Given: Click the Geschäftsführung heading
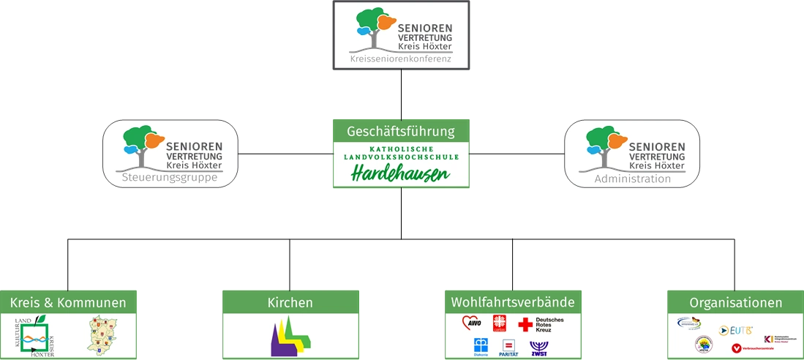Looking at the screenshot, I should (400, 132).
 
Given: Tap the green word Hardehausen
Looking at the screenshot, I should (400, 174).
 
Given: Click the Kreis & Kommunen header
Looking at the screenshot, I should (68, 302).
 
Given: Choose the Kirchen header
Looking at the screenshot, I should (290, 302).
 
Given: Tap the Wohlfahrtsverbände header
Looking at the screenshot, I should (512, 302).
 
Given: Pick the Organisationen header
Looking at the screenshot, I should (735, 302).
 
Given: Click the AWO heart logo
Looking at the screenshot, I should (472, 323).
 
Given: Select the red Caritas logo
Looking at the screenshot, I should (500, 323).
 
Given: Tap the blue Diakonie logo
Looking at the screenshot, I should (481, 346).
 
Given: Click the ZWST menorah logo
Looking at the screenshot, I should (538, 347).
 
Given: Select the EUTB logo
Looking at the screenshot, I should (735, 331).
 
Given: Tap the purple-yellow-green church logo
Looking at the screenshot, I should (290, 337).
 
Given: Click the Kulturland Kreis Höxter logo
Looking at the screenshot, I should (40, 336).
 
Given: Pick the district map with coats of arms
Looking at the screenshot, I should (102, 336).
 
